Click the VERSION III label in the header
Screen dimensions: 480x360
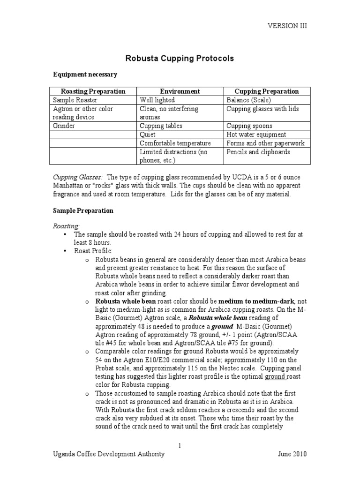tap(287, 26)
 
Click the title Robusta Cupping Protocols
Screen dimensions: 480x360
tap(180, 59)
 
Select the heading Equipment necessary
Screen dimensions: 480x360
tap(85, 75)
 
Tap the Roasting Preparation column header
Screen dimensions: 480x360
tap(93, 91)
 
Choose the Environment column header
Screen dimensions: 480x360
tap(180, 91)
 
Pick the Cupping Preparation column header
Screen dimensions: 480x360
tap(266, 91)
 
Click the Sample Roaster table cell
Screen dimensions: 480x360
tap(73, 100)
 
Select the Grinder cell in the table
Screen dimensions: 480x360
tap(64, 126)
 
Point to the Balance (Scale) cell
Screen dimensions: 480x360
tap(248, 100)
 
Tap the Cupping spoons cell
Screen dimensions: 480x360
tap(249, 126)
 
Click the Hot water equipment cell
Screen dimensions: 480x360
tap(256, 135)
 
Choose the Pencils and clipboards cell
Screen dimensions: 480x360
tap(258, 152)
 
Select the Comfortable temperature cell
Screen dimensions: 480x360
tap(175, 143)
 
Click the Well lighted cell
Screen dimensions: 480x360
tap(157, 100)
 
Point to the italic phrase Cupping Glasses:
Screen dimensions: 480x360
tap(77, 177)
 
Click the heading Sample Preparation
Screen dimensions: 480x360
tap(82, 210)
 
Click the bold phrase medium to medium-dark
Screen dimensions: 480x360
tap(256, 301)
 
